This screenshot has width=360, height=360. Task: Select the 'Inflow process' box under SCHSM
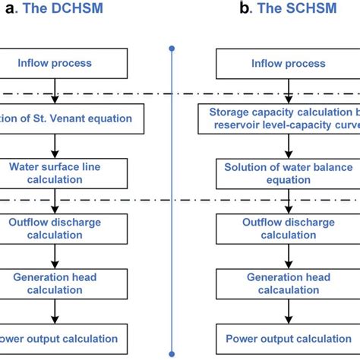(278, 63)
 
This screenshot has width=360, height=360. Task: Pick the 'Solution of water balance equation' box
(278, 173)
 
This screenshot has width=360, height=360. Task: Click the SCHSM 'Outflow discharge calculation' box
(278, 229)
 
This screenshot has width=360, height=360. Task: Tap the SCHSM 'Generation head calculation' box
(278, 283)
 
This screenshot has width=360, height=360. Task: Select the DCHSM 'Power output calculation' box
(57, 338)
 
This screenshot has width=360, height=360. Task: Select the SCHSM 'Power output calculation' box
(278, 338)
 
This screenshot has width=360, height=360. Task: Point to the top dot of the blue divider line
(172, 49)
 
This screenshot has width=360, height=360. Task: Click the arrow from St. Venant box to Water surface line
(53, 146)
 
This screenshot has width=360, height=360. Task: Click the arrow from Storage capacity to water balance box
(278, 146)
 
